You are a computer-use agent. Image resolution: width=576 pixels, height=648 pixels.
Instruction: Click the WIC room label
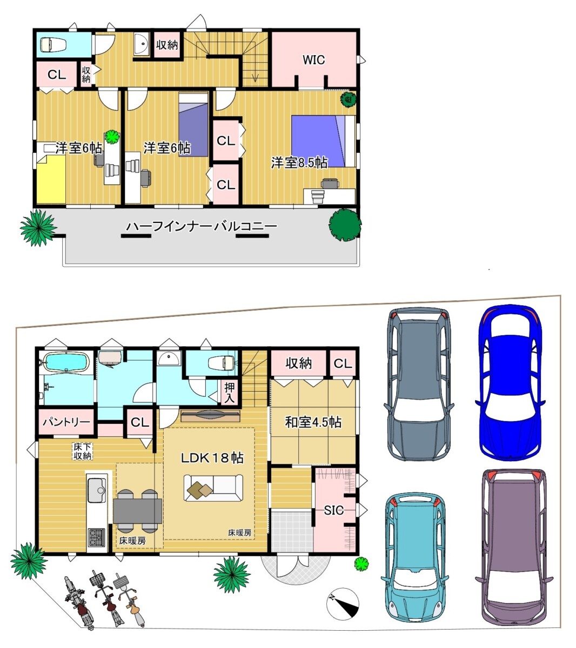click(x=313, y=60)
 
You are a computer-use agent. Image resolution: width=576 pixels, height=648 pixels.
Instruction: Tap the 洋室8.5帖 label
click(x=299, y=163)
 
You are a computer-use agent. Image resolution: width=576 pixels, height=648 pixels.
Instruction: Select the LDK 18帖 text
click(x=212, y=458)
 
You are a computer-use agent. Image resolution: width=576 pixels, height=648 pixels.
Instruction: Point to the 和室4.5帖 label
click(x=313, y=422)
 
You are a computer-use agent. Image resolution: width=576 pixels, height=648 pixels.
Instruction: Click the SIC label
click(x=334, y=510)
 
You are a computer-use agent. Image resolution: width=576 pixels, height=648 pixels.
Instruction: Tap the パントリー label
click(x=66, y=422)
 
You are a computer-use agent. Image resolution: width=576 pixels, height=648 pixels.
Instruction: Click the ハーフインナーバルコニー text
click(x=202, y=227)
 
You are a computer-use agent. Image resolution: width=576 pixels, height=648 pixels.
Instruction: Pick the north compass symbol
click(x=343, y=604)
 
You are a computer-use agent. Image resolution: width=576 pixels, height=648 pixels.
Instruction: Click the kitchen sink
click(x=97, y=491)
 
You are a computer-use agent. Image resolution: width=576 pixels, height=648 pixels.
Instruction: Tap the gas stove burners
click(x=97, y=538)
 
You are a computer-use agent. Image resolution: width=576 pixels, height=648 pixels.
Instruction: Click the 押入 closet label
click(x=230, y=393)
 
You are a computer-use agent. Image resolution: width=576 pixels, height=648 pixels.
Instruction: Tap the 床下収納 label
click(x=83, y=451)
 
